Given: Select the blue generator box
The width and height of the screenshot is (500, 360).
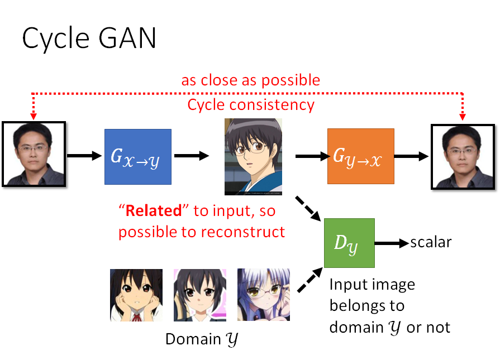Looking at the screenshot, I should click(x=137, y=156).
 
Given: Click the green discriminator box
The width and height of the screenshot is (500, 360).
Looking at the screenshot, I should click(x=349, y=243).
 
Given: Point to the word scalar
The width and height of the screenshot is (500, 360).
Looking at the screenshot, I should click(x=431, y=242).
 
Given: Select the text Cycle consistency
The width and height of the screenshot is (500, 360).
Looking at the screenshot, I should click(x=251, y=104).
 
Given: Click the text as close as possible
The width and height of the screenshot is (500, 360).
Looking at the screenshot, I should click(x=251, y=80).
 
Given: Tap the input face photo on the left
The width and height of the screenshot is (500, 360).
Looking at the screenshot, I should click(x=34, y=153).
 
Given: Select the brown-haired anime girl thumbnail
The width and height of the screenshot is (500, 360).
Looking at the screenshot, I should click(x=136, y=295).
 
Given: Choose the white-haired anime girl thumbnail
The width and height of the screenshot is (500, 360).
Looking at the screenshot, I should click(x=263, y=295).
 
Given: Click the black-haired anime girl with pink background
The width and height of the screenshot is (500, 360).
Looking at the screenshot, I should click(x=199, y=295).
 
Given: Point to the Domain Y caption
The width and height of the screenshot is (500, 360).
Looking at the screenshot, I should click(x=202, y=339).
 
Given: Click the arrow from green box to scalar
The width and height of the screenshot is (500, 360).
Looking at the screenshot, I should click(x=391, y=243).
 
